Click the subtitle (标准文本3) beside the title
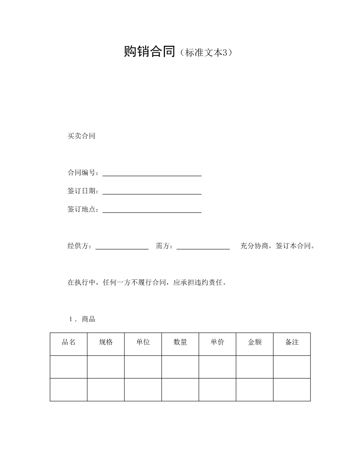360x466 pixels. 206,53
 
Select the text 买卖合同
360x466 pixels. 81,136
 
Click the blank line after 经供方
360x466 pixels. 122,248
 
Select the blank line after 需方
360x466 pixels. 203,248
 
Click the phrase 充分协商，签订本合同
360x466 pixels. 277,246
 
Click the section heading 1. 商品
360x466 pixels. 82,319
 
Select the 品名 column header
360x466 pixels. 68,342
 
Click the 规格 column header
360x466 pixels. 106,342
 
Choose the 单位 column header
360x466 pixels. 143,342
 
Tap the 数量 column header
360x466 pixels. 180,342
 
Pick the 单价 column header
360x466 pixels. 217,342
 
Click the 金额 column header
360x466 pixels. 255,342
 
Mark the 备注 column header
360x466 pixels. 292,342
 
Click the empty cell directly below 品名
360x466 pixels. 68,367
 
